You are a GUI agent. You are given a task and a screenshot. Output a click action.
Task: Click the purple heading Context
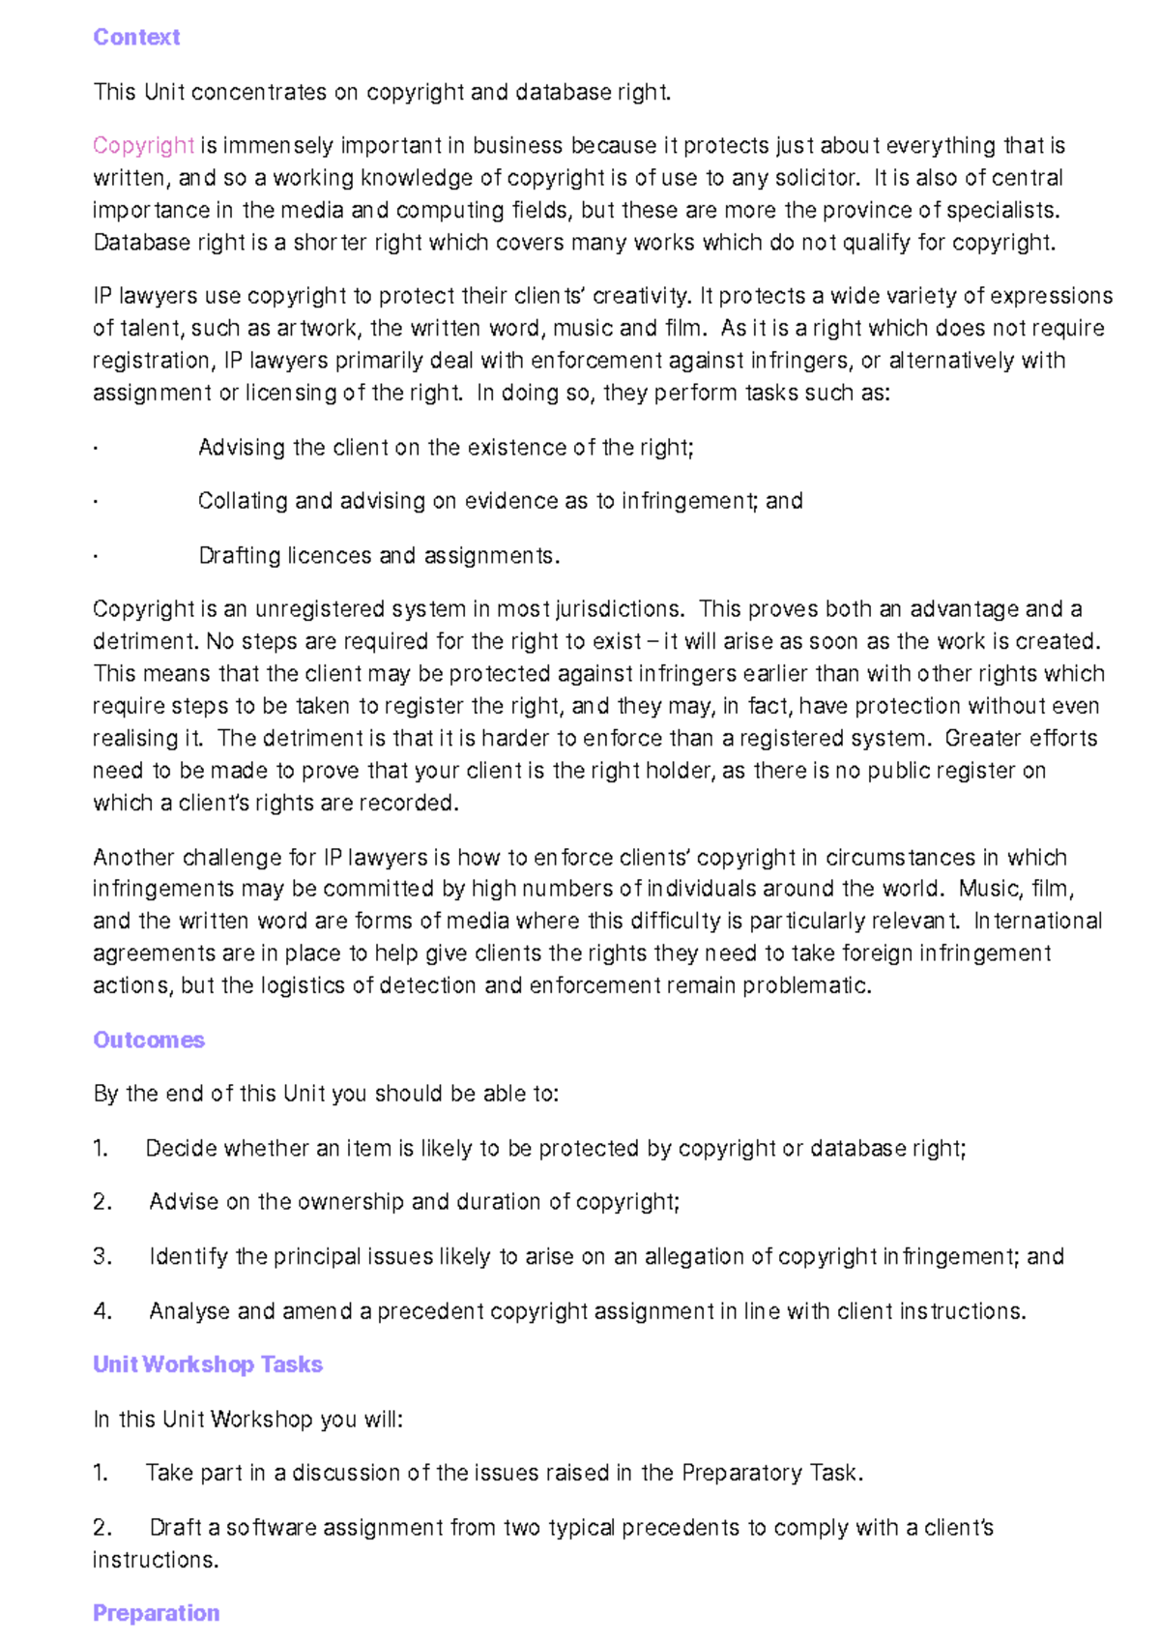click(x=136, y=37)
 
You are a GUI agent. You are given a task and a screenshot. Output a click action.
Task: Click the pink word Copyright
click(x=143, y=145)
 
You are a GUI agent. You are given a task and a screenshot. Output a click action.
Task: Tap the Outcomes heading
click(x=149, y=1040)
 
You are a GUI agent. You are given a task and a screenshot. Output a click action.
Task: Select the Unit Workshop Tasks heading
click(x=207, y=1364)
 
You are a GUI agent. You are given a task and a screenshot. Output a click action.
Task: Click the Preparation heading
click(x=156, y=1613)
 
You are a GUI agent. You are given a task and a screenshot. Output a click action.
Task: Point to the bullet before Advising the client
click(x=96, y=449)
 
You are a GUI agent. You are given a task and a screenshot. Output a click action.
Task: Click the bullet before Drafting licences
click(x=96, y=557)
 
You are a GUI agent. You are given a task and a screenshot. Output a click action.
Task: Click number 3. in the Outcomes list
click(x=102, y=1256)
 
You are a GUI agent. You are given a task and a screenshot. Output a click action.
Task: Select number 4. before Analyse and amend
click(x=102, y=1311)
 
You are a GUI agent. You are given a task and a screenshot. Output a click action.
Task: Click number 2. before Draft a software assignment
click(x=102, y=1528)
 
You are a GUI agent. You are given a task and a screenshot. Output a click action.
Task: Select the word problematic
click(x=814, y=985)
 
